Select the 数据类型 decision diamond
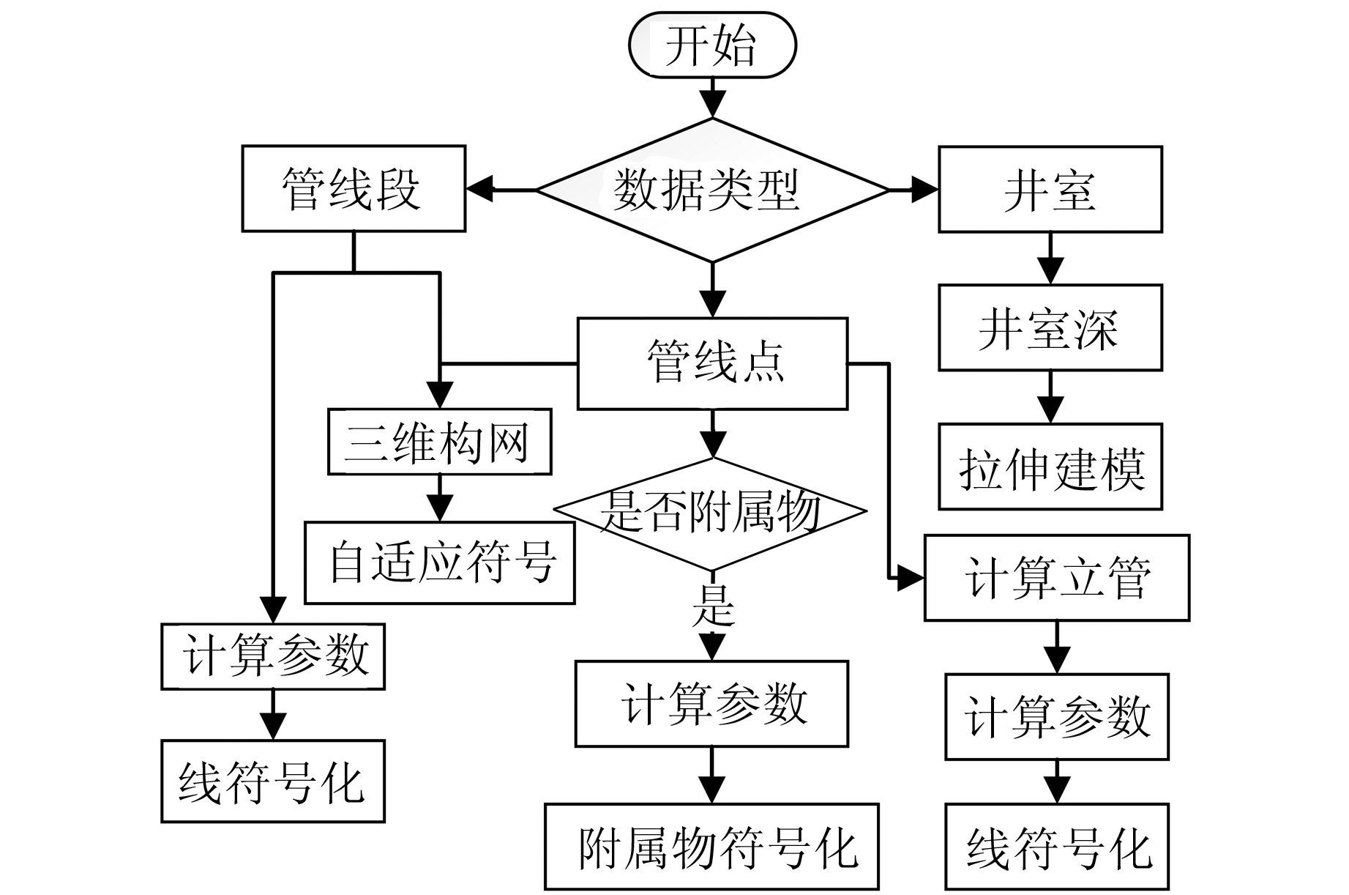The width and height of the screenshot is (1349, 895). (711, 190)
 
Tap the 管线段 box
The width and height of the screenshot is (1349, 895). (354, 189)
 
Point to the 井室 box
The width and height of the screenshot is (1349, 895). (1050, 190)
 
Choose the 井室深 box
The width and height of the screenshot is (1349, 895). (1050, 327)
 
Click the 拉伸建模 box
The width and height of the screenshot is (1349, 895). (1050, 467)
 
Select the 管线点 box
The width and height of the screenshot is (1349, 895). (712, 363)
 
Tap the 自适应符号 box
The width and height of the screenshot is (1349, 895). (439, 562)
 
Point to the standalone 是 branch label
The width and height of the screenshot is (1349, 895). (711, 605)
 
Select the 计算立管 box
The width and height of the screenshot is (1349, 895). (1056, 578)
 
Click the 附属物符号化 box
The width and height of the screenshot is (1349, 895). (711, 846)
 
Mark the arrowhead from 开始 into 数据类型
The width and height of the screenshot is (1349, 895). (712, 105)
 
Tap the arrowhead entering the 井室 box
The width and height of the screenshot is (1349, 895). (925, 190)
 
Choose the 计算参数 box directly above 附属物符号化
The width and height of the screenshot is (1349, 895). (711, 704)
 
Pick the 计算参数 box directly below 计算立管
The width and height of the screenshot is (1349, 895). (1056, 716)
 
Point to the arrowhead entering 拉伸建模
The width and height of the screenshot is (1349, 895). (1050, 410)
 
